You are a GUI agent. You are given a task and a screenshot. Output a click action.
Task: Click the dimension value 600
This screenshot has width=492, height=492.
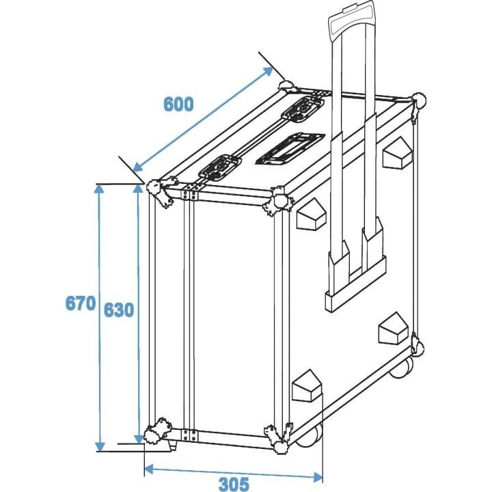pos(178,104)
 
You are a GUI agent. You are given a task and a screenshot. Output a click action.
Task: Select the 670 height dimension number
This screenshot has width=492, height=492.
pos(80,303)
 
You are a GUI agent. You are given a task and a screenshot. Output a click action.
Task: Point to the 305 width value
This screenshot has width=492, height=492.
pos(234,484)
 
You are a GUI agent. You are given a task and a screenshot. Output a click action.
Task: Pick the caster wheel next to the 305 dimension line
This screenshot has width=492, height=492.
pos(311,437)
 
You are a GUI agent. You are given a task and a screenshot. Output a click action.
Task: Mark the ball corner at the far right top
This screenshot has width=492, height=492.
pos(419,101)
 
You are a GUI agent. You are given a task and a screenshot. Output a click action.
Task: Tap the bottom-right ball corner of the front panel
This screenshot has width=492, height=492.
pos(280,435)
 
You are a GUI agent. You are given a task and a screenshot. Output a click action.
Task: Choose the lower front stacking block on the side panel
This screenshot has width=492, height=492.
pos(305,387)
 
